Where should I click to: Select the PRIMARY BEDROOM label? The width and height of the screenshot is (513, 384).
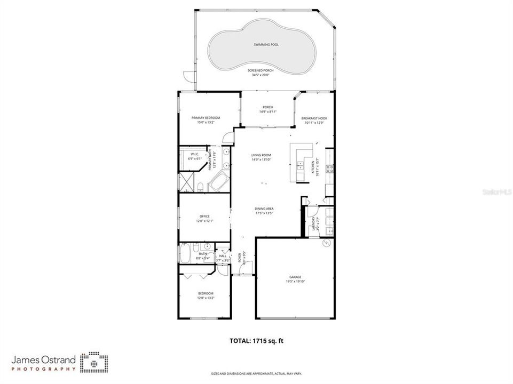[x=206, y=117]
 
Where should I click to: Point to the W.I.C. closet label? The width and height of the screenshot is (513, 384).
[x=194, y=154]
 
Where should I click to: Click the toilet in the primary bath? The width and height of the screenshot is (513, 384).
[x=200, y=186]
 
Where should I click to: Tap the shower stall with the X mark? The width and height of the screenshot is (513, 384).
[x=186, y=181]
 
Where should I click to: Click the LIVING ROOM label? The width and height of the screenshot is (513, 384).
[x=262, y=155]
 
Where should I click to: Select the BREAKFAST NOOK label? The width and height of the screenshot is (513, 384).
[x=314, y=118]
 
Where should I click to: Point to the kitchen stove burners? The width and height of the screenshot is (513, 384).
[x=330, y=169]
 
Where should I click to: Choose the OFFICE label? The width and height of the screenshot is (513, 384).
[x=204, y=216]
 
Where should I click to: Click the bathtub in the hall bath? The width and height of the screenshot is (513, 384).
[x=185, y=253]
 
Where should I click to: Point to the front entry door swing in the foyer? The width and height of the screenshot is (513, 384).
[x=243, y=270]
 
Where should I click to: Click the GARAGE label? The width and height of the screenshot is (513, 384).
[x=295, y=277]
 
